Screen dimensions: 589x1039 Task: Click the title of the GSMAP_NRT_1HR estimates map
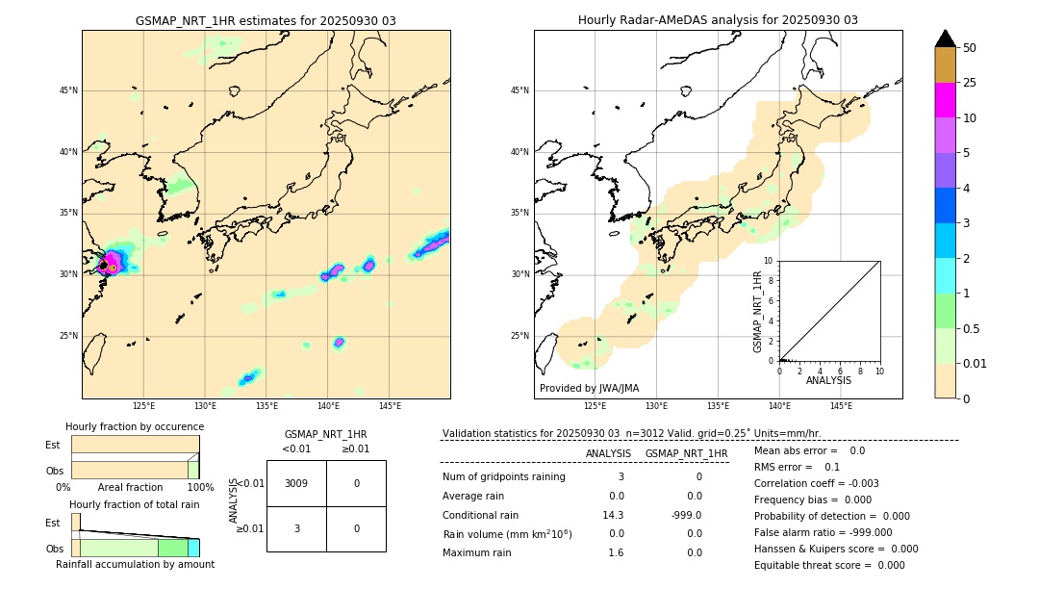tap(266, 20)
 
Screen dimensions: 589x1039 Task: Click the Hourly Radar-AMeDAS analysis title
tap(718, 20)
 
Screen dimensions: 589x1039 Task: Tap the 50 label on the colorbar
tap(970, 48)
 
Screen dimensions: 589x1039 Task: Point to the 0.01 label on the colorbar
tap(976, 364)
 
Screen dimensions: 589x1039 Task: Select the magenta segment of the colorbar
tap(945, 100)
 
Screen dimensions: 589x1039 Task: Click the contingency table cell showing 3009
tap(296, 483)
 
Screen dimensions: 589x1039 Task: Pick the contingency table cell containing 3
tap(296, 528)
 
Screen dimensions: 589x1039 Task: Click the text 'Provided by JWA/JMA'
tap(589, 388)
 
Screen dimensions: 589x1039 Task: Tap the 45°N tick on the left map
tap(68, 90)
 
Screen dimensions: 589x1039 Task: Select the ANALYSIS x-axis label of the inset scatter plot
tap(828, 381)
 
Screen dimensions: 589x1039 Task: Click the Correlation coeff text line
tap(816, 483)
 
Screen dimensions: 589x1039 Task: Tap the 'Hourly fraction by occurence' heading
tap(135, 426)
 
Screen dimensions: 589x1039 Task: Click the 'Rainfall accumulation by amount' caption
tap(135, 564)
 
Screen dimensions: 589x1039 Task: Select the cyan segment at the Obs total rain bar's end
tap(193, 548)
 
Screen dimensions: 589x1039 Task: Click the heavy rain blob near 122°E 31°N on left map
tap(112, 262)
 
